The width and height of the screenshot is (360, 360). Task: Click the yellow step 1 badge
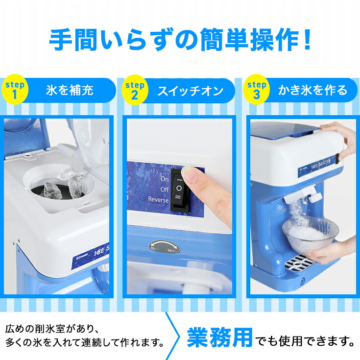(15, 90)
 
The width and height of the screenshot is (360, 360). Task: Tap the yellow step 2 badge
(134, 90)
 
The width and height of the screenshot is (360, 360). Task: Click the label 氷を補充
(70, 91)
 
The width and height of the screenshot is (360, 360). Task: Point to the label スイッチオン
(190, 91)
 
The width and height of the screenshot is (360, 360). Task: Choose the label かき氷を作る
(312, 91)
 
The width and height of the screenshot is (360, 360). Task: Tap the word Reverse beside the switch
(158, 199)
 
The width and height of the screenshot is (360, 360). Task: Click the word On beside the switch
(165, 179)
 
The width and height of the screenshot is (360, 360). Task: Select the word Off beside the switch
(164, 189)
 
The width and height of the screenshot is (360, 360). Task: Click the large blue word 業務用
(220, 337)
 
